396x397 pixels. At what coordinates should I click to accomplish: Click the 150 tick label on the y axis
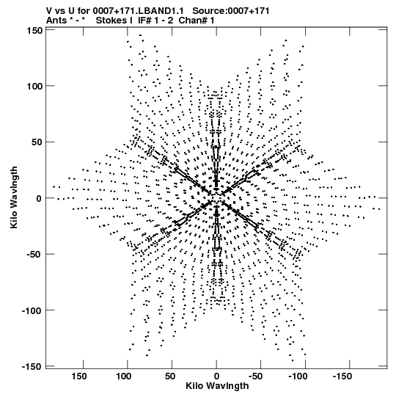(34, 31)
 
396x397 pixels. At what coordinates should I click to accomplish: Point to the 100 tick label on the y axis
(34, 86)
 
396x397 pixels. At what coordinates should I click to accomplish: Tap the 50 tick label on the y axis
(37, 142)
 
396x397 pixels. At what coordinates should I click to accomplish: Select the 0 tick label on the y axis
(40, 198)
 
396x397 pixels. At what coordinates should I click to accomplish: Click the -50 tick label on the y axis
(34, 255)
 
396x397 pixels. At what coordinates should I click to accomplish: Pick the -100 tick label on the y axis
(32, 310)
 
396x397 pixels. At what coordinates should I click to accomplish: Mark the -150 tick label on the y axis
(32, 366)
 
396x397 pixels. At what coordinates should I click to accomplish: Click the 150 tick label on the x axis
(79, 376)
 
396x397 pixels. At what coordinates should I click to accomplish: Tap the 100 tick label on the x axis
(124, 376)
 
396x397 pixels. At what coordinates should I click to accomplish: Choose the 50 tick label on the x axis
(170, 376)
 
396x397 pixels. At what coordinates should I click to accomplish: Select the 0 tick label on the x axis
(216, 376)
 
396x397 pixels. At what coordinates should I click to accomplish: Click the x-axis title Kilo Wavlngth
(217, 386)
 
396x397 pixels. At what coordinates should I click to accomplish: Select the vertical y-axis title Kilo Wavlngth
(14, 197)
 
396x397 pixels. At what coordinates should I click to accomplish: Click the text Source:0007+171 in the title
(231, 11)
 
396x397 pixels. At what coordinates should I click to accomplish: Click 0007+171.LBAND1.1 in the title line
(138, 11)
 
